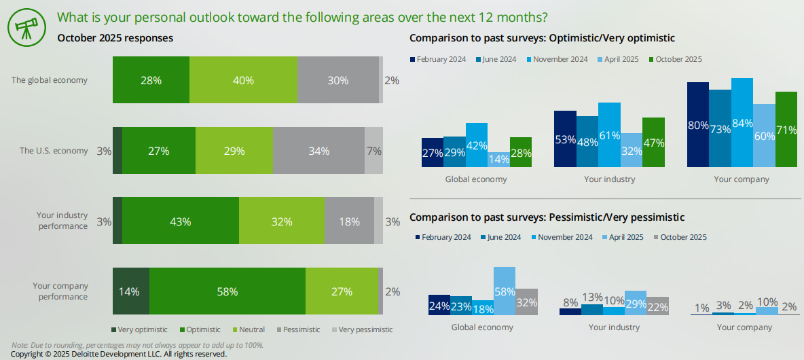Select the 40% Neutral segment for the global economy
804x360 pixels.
tap(243, 80)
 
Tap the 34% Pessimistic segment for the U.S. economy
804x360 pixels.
tap(318, 151)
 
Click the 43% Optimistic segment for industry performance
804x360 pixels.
tap(181, 221)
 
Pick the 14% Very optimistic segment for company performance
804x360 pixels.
tap(130, 291)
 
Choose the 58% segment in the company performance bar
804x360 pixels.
tap(227, 291)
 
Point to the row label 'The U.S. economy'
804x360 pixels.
tap(54, 151)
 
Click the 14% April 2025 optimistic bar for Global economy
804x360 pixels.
tap(498, 160)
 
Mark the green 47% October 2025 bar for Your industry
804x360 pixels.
tap(653, 142)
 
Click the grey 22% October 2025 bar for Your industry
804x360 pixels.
tap(657, 306)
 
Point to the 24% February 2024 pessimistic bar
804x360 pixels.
tap(439, 305)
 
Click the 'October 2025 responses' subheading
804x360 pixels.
tap(115, 38)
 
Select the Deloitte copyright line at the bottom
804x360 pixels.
tap(119, 355)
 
